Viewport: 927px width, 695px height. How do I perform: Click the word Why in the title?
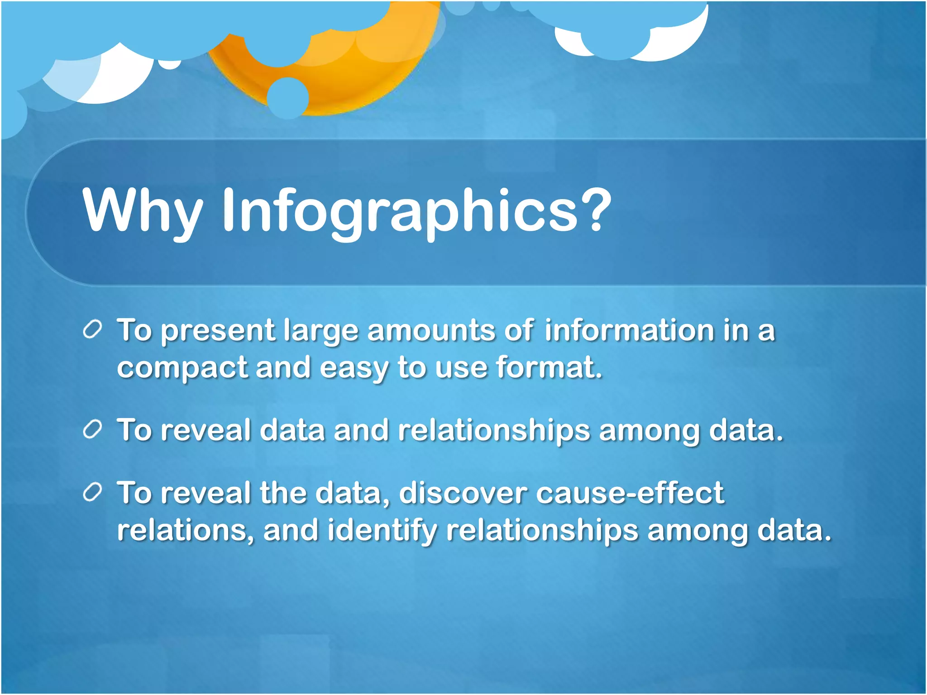coord(142,211)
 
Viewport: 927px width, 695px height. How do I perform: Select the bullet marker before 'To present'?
coord(92,330)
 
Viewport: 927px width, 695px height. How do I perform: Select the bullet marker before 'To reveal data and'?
coord(92,430)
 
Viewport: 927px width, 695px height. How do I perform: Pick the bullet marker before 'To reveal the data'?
coord(92,493)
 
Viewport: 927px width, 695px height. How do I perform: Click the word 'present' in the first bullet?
coord(218,331)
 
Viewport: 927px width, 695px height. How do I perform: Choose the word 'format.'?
coord(550,367)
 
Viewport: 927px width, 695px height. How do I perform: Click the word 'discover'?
coord(463,493)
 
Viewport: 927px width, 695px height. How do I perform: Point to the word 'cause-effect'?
coord(630,493)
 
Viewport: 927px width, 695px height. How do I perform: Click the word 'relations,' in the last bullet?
coord(186,530)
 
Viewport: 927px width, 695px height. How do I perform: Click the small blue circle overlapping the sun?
coord(287,98)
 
